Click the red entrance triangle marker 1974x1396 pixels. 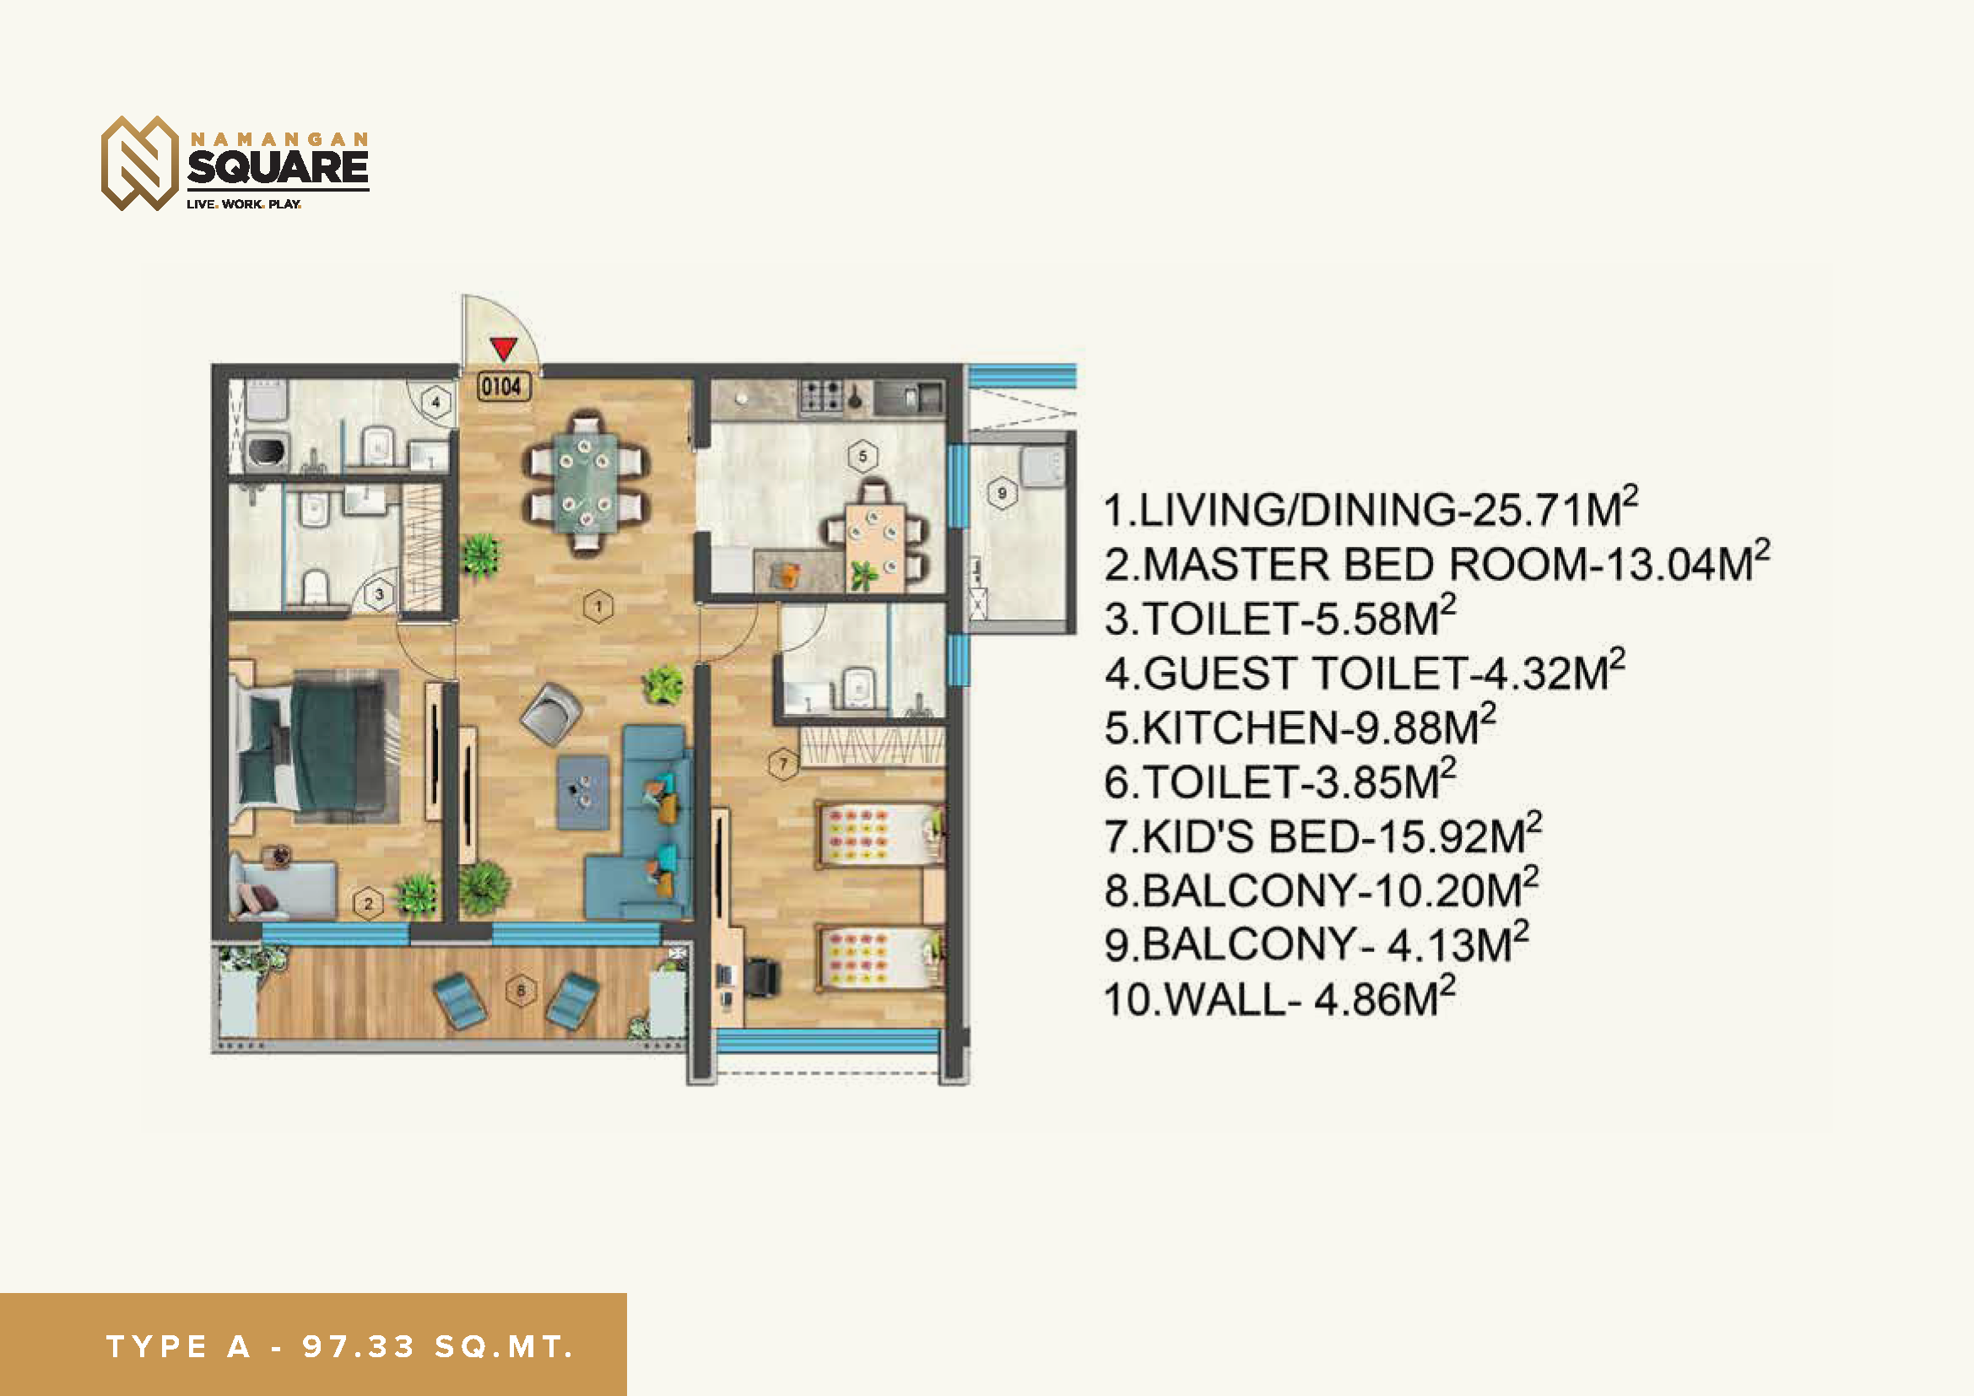click(503, 348)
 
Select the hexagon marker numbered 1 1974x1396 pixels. click(598, 607)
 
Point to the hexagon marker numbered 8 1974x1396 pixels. click(520, 990)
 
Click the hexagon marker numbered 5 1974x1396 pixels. click(863, 456)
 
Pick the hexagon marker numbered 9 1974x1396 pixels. click(1002, 494)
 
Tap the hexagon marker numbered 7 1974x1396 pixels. click(782, 763)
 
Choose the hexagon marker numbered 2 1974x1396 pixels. click(368, 903)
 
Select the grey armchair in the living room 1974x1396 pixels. click(551, 712)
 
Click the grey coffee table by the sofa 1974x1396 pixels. click(583, 792)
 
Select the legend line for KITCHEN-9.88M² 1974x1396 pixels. click(1300, 726)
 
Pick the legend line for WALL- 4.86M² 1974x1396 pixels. click(1280, 998)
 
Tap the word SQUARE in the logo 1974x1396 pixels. click(278, 167)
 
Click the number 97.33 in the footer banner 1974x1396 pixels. click(359, 1346)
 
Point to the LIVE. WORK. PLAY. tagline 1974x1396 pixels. click(243, 204)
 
